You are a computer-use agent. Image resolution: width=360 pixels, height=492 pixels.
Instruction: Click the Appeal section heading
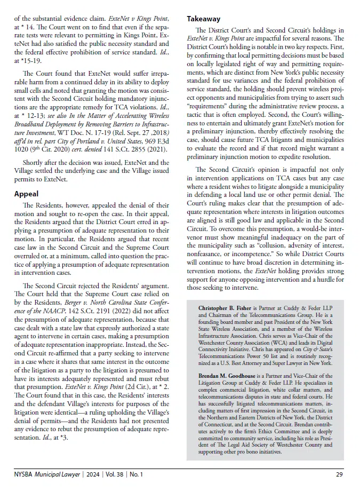coord(27,194)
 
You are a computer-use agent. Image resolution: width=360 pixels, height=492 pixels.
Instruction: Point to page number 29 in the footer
coord(339,474)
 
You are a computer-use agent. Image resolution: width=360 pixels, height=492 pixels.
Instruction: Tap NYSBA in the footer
coord(25,474)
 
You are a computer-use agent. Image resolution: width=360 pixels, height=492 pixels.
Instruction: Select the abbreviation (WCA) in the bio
coord(277,337)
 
